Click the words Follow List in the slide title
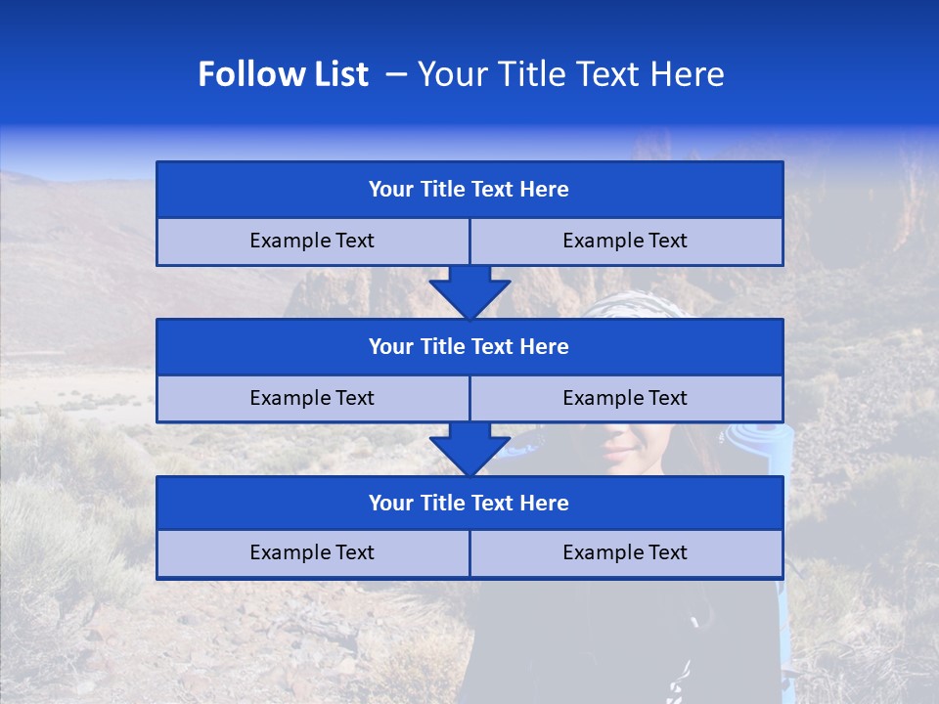point(283,75)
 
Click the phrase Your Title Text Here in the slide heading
point(570,75)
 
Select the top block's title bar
point(469,190)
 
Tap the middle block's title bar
point(469,347)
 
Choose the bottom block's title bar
point(469,504)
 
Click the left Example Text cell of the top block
point(312,241)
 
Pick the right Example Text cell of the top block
point(625,241)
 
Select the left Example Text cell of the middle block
point(312,398)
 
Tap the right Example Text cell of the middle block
point(625,398)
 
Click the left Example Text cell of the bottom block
point(312,552)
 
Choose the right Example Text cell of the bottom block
point(625,552)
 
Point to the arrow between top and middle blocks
point(469,291)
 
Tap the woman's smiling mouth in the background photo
point(620,451)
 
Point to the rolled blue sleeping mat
point(753,449)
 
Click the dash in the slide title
point(396,75)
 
